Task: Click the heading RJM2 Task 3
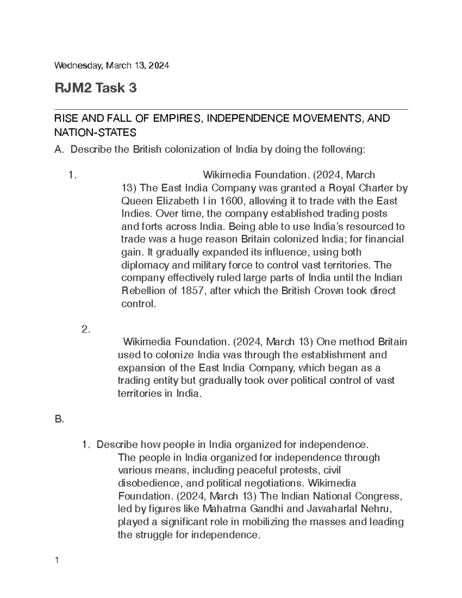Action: point(95,89)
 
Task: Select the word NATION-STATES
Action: point(95,133)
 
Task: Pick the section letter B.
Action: point(59,419)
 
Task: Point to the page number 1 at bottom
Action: point(57,561)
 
